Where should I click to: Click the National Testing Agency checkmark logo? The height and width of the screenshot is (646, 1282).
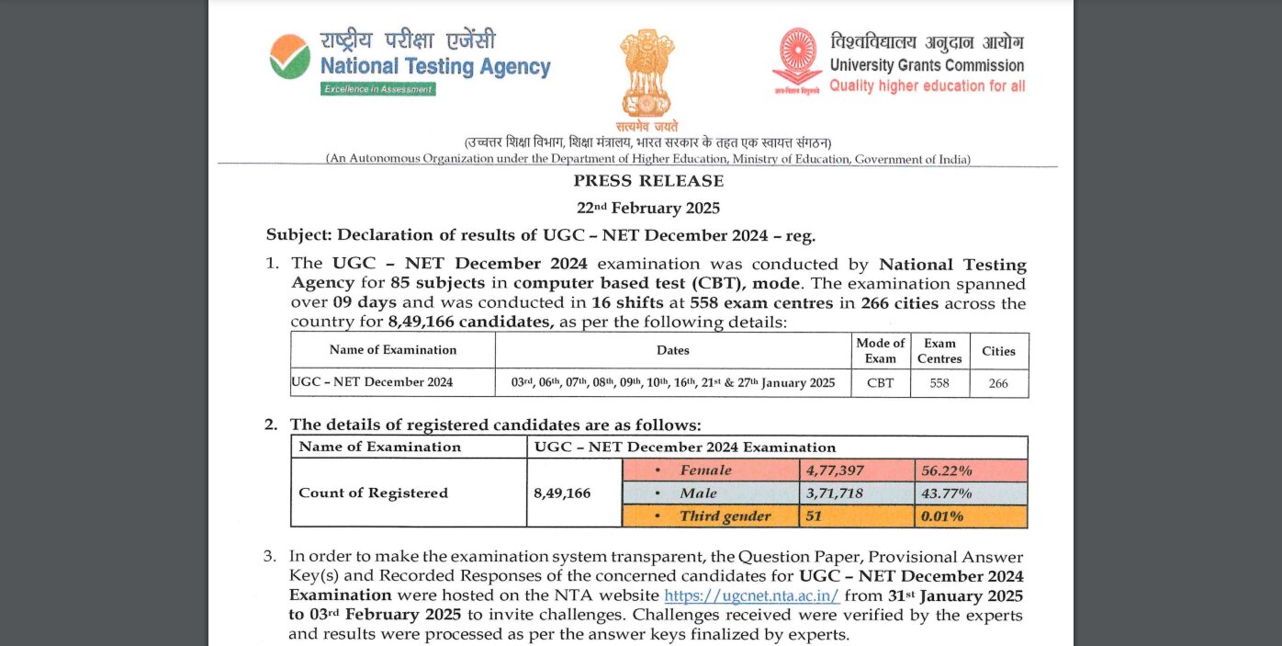coord(289,57)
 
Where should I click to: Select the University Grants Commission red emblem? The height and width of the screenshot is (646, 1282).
coord(796,61)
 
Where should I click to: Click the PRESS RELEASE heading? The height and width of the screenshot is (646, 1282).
coord(648,181)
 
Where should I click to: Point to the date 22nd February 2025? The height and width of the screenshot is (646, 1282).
coord(648,208)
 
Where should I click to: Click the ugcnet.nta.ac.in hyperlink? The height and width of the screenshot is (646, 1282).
coord(751,595)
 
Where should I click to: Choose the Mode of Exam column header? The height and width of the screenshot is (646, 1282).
coord(880,350)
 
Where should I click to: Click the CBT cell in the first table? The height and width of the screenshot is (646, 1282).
coord(880,383)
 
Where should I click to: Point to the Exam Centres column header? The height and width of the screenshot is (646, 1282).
coord(939,350)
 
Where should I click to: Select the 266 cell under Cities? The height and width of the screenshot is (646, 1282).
coord(998,383)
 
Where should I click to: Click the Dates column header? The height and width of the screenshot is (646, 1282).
coord(673,350)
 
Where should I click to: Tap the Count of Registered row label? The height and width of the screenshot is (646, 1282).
coord(373,493)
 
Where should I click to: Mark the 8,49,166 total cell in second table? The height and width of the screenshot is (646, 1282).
coord(562,493)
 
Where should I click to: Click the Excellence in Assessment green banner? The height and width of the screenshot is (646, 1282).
coord(378,89)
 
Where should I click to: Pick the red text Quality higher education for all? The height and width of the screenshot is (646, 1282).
coord(927,86)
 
